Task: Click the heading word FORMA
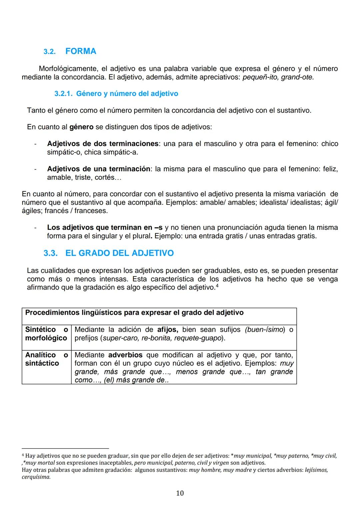81,51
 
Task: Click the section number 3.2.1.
63,94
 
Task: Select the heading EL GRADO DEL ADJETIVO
119,253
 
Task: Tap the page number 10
180,493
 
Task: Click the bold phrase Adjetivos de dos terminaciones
103,144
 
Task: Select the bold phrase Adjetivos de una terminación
99,169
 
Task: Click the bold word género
81,127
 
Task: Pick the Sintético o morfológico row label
46,334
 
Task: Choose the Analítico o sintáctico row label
46,359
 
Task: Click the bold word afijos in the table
167,330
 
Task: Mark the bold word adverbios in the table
125,355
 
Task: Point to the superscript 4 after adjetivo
217,286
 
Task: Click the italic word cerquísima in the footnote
36,477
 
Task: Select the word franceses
91,211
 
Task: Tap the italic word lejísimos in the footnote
316,470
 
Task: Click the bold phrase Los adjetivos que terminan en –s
105,228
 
